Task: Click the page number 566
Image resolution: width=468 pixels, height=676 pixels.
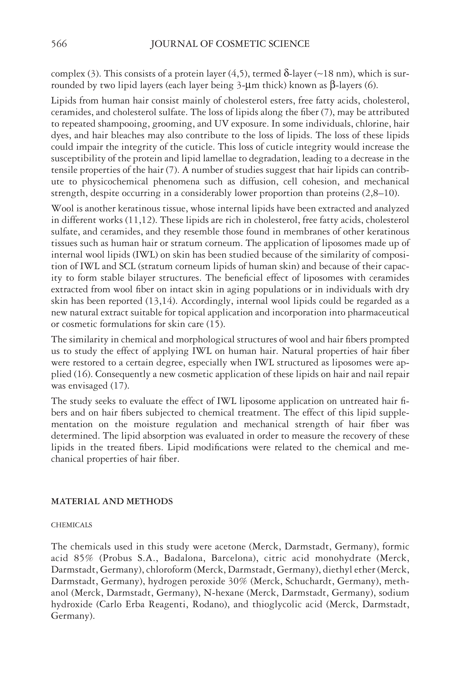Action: [x=59, y=44]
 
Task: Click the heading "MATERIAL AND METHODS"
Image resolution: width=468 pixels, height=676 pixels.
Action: [x=112, y=502]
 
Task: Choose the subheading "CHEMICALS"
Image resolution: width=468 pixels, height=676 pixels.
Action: [x=72, y=525]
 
